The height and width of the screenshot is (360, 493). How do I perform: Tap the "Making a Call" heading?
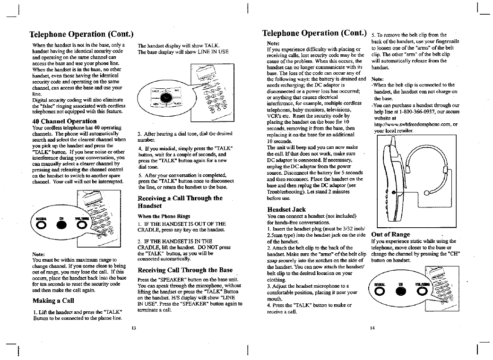pyautogui.click(x=52, y=300)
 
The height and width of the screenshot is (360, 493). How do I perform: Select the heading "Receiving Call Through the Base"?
pyautogui.click(x=185, y=270)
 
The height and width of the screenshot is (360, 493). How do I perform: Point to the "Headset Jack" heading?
pyautogui.click(x=286, y=209)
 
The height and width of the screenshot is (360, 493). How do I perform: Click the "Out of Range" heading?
pyautogui.click(x=391, y=234)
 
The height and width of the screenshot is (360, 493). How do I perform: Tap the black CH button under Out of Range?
pyautogui.click(x=400, y=289)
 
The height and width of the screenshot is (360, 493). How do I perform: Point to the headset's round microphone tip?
pyautogui.click(x=428, y=192)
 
